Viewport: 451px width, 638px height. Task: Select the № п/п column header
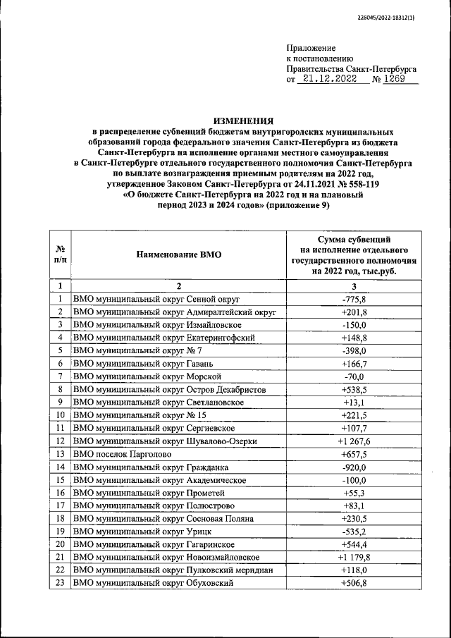click(x=61, y=255)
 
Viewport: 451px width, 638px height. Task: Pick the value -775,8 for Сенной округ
click(x=354, y=300)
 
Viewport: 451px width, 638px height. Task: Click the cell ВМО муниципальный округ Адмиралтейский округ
click(x=174, y=312)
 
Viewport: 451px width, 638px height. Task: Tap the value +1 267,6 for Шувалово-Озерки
click(x=354, y=441)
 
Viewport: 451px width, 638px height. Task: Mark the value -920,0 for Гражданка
click(x=354, y=467)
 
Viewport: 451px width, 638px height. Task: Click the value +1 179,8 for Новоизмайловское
click(x=354, y=556)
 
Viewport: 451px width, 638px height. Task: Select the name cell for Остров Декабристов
click(x=169, y=389)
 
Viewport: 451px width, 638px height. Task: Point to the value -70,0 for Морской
click(x=354, y=376)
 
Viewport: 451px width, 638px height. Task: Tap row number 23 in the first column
click(x=61, y=582)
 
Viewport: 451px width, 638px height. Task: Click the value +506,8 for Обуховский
click(x=354, y=582)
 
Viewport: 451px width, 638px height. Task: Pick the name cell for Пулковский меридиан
click(x=173, y=570)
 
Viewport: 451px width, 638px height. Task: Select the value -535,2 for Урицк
click(x=354, y=531)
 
